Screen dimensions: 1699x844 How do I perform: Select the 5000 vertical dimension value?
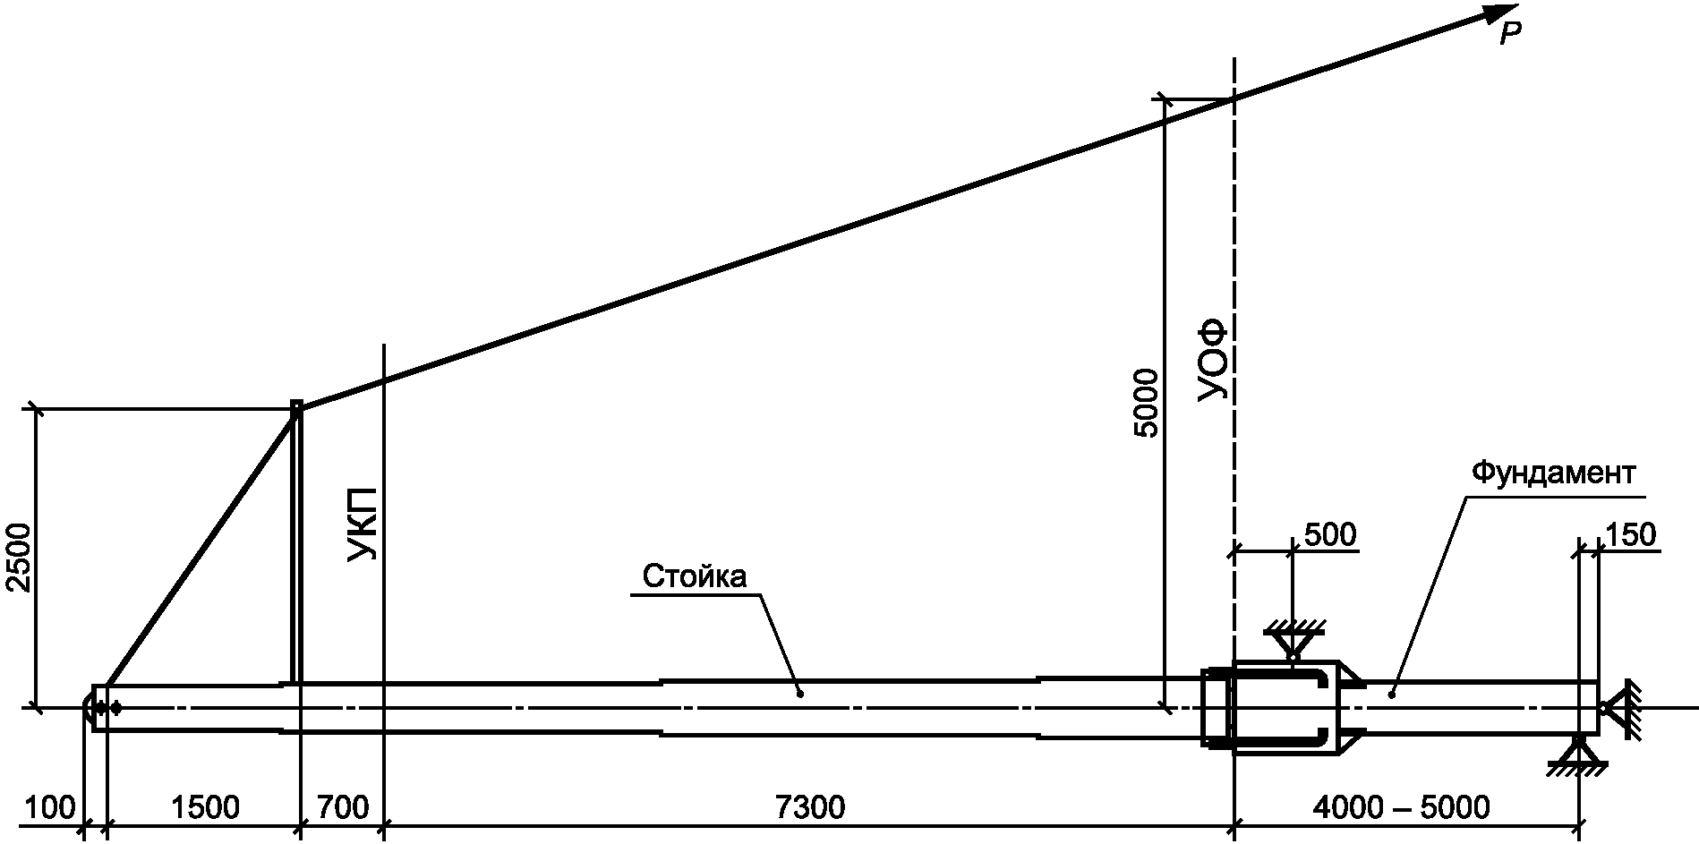pyautogui.click(x=1146, y=402)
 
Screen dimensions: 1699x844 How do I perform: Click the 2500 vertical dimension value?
pyautogui.click(x=17, y=558)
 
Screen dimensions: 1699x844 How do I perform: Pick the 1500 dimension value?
pyautogui.click(x=204, y=807)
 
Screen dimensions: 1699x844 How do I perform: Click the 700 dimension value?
pyautogui.click(x=343, y=807)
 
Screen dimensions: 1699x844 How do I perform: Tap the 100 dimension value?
pyautogui.click(x=50, y=807)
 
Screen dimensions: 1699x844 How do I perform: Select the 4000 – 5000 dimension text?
pyautogui.click(x=1401, y=807)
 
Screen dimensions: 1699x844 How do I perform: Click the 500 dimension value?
pyautogui.click(x=1330, y=535)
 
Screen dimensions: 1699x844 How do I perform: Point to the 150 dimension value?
pyautogui.click(x=1630, y=535)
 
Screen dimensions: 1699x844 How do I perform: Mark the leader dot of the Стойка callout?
pyautogui.click(x=799, y=692)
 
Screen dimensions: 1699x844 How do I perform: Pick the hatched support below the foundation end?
pyautogui.click(x=1577, y=754)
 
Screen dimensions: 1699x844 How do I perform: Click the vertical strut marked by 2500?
pyautogui.click(x=296, y=542)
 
